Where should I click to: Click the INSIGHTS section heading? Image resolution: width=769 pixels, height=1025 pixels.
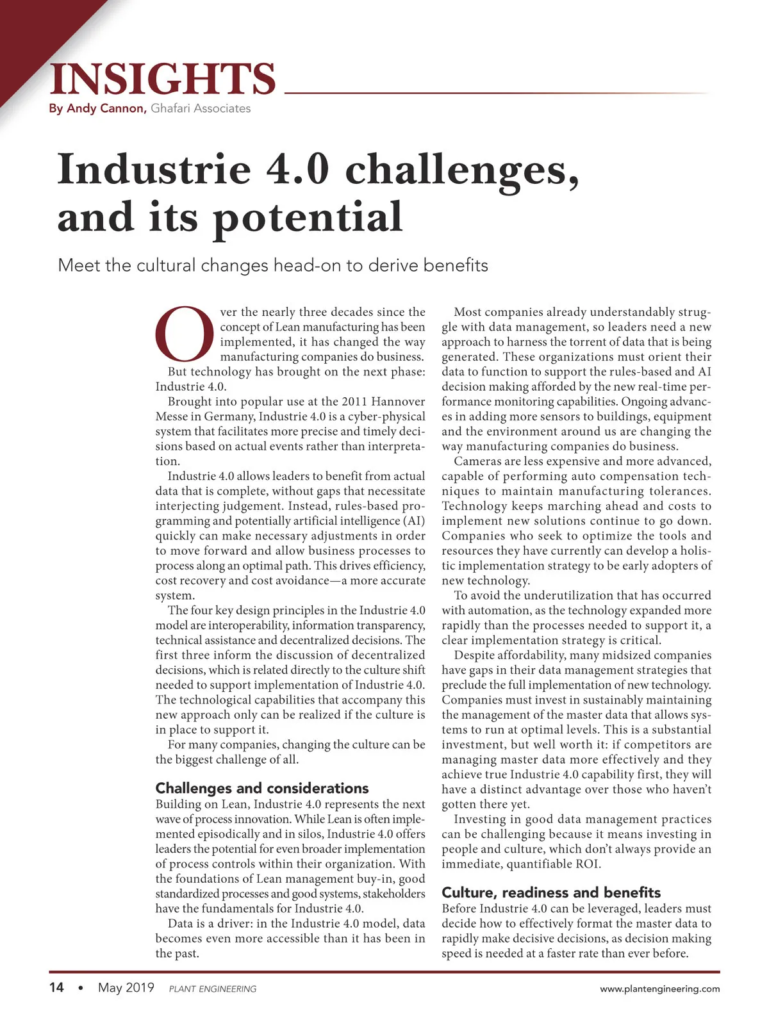[163, 79]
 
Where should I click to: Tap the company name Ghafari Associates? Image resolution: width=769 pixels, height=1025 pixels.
[201, 108]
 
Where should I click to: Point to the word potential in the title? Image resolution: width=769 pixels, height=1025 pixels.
[308, 218]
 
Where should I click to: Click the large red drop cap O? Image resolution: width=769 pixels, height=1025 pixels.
[185, 335]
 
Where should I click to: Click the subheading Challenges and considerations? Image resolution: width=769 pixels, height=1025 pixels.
[262, 788]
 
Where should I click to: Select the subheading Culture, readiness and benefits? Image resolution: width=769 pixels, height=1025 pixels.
[551, 892]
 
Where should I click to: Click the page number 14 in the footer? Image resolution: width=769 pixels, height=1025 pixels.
[56, 987]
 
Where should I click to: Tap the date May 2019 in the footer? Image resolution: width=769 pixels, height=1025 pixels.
[126, 987]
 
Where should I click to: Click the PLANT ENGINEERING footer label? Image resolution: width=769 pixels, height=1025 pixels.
[212, 989]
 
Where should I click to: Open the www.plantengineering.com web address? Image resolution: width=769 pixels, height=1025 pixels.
[659, 989]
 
